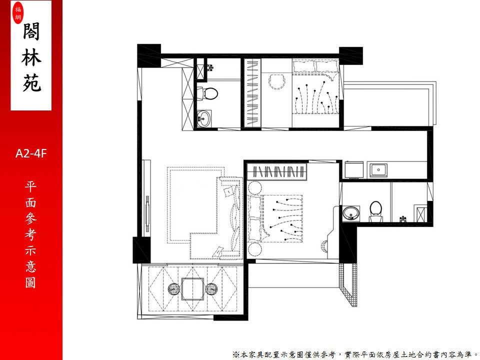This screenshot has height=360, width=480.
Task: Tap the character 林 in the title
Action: (31, 57)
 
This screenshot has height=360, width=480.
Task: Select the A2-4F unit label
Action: (31, 153)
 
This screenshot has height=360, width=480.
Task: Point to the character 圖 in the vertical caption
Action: (30, 282)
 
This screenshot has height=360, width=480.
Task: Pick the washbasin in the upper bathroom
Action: (203, 118)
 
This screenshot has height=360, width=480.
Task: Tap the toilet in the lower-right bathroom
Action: (375, 211)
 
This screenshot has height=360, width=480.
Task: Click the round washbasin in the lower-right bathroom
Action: (351, 213)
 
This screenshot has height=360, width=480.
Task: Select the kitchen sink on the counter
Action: (378, 170)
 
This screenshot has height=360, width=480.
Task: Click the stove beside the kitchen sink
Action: (354, 170)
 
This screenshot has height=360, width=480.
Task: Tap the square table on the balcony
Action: (192, 289)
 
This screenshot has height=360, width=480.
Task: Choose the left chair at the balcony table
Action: (174, 289)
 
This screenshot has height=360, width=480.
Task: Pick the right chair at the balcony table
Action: (211, 289)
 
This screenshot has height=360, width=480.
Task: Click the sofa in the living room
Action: (229, 217)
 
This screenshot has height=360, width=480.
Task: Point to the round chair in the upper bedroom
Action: (277, 81)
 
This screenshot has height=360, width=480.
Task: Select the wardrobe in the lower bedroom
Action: (277, 171)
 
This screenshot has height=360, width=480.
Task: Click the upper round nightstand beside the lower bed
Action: (254, 187)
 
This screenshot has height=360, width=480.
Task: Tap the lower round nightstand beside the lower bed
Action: (254, 249)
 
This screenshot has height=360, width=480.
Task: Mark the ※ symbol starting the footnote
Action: (235, 355)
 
